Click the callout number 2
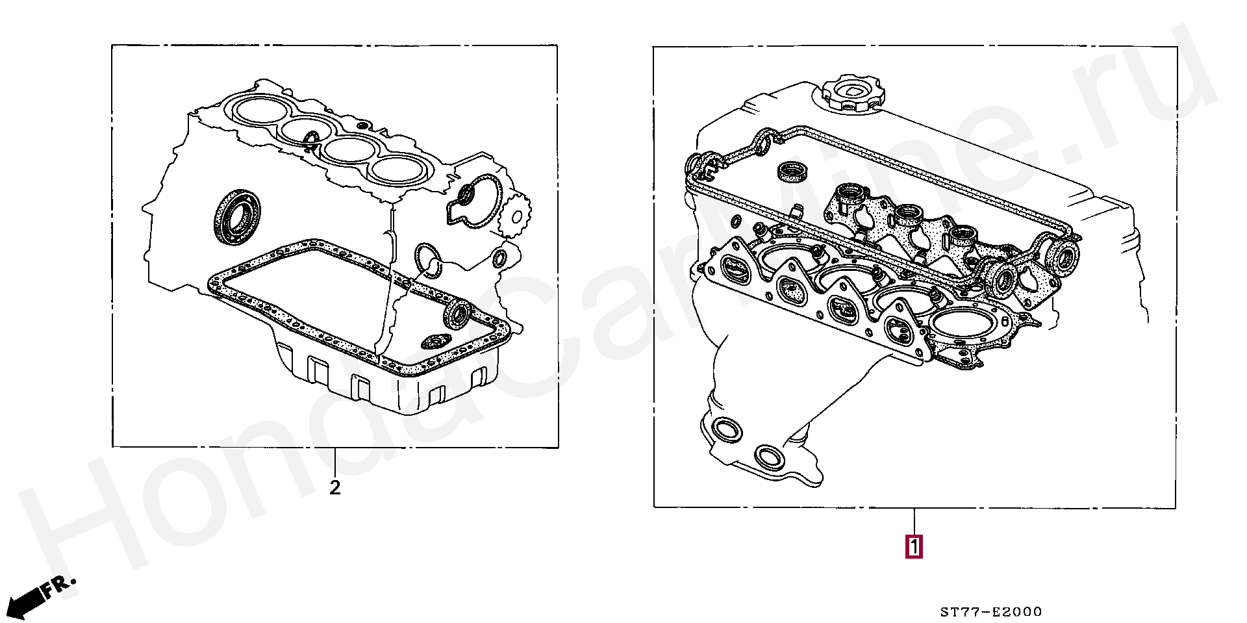point(334,487)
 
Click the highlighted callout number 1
point(914,546)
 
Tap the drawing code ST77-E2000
point(991,611)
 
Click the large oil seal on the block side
point(237,217)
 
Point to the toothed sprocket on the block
point(516,213)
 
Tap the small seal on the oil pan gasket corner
point(457,314)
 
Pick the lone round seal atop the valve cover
point(794,172)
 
